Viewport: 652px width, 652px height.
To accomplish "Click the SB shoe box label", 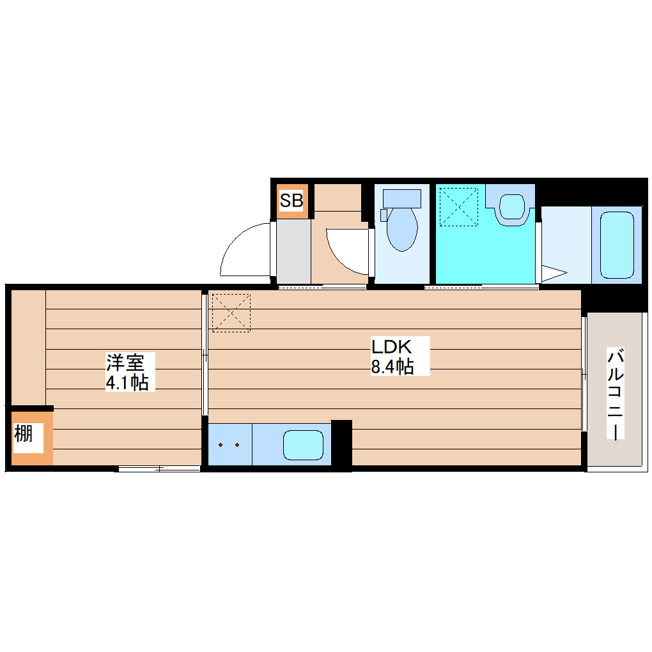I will tap(291, 201).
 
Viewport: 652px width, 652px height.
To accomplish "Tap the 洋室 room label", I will tap(126, 363).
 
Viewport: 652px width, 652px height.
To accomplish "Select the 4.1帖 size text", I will tap(127, 382).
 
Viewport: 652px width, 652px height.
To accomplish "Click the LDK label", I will tap(391, 347).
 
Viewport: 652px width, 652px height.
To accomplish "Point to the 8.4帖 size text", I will tap(392, 367).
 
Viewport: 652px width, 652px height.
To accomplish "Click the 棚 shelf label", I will tap(24, 435).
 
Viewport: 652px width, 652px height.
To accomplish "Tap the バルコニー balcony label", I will tap(615, 394).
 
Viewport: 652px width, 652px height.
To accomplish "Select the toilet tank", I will tap(401, 198).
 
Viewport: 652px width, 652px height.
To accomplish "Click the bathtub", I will tap(617, 245).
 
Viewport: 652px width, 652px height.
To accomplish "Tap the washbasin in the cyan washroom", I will tap(511, 206).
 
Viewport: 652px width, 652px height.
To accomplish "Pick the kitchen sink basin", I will tap(303, 444).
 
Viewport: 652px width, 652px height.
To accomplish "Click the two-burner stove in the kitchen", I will tap(229, 444).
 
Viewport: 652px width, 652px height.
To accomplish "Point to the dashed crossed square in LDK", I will tap(231, 312).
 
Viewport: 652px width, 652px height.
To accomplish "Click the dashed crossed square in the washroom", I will tap(458, 206).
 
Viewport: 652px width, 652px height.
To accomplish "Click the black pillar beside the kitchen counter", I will tap(342, 444).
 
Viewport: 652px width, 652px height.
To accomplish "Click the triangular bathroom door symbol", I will tap(553, 274).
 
